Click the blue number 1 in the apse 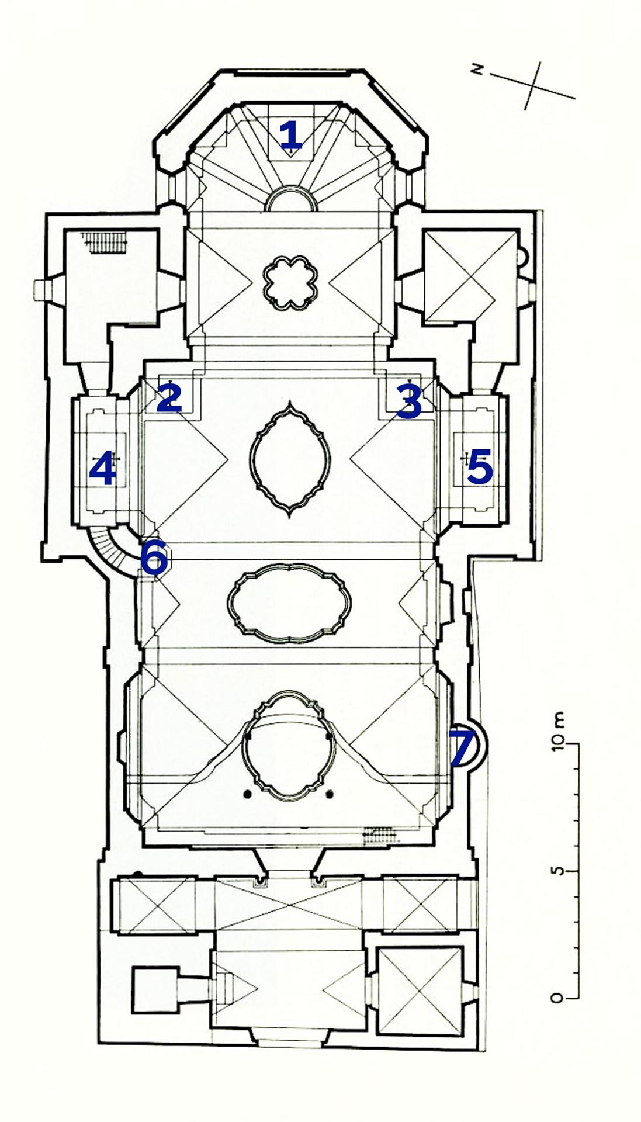coord(291,136)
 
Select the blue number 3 coord(409,400)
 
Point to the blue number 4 coord(102,471)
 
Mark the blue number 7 coord(462,747)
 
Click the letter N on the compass coord(479,70)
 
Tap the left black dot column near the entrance coord(248,794)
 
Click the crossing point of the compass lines coord(535,85)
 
